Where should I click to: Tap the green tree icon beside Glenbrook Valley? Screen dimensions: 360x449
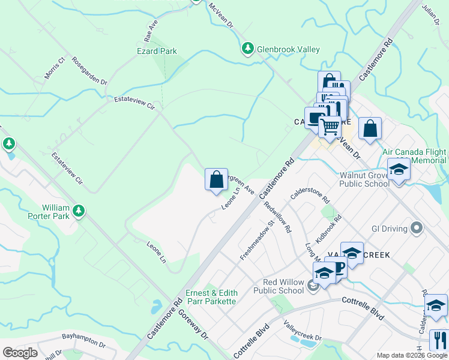(x=247, y=48)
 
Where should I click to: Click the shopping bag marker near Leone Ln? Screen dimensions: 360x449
(x=216, y=179)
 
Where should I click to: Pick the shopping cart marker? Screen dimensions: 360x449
(x=329, y=127)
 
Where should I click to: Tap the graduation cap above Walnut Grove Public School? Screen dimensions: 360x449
(x=398, y=170)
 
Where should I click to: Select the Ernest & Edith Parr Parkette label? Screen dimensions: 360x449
(x=211, y=297)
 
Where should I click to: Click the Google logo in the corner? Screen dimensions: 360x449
(x=20, y=352)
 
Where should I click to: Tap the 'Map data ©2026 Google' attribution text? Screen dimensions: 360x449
(x=412, y=356)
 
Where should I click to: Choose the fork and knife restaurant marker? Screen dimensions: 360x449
(x=439, y=340)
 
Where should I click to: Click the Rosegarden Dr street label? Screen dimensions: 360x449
(x=89, y=71)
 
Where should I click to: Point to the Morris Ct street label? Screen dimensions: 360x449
(x=54, y=69)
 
